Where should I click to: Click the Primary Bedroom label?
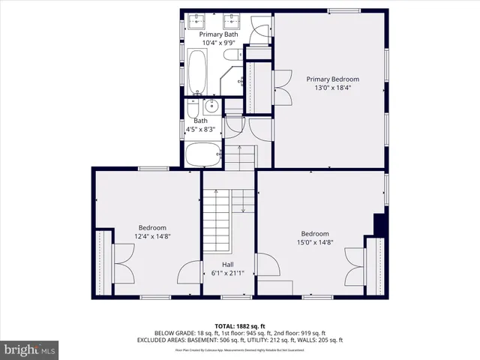pyautogui.click(x=332, y=79)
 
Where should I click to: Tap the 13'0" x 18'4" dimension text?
pyautogui.click(x=332, y=88)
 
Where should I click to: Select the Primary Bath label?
pyautogui.click(x=219, y=34)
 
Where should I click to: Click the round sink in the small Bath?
pyautogui.click(x=211, y=104)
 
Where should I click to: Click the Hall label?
pyautogui.click(x=227, y=264)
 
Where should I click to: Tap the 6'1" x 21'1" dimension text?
pyautogui.click(x=227, y=273)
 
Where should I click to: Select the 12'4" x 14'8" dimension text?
pyautogui.click(x=152, y=236)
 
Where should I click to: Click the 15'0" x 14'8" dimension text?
pyautogui.click(x=315, y=242)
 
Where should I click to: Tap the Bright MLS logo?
pyautogui.click(x=30, y=349)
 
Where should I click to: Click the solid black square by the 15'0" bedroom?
pyautogui.click(x=379, y=223)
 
